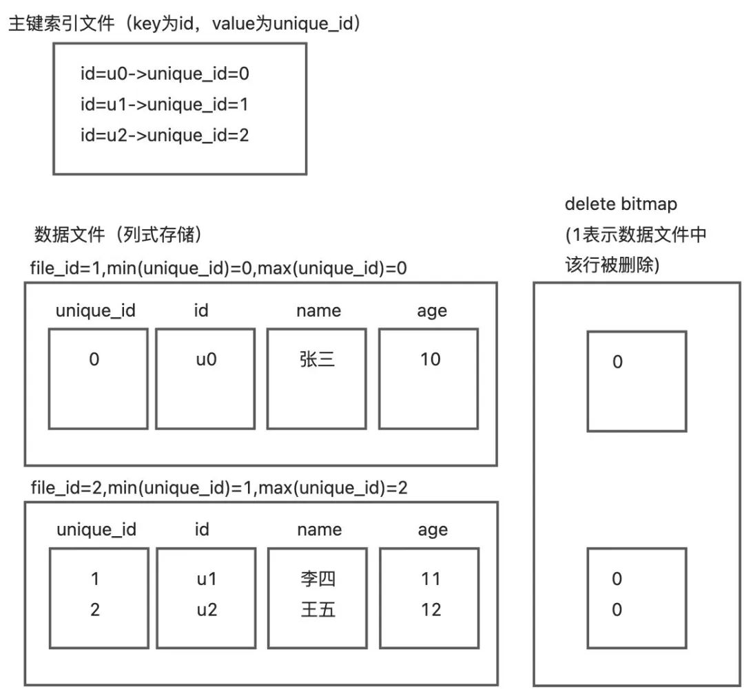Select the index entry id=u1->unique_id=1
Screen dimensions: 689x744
coord(164,105)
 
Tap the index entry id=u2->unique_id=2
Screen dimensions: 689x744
coord(164,136)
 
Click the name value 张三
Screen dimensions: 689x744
coord(318,359)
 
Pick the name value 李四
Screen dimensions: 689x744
coord(318,579)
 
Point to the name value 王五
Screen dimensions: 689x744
coord(318,610)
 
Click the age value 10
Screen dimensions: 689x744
coord(431,359)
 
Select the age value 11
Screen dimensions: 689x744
coord(431,579)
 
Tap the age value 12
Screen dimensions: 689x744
coord(431,610)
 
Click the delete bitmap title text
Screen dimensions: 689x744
coord(621,204)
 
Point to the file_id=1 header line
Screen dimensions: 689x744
coord(218,268)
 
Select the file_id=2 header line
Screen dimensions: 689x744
coord(218,488)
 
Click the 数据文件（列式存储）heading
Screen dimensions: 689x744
coord(117,235)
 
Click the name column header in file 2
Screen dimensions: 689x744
coord(319,530)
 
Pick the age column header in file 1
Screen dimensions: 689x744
coord(432,311)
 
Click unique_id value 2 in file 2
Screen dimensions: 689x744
coord(95,610)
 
